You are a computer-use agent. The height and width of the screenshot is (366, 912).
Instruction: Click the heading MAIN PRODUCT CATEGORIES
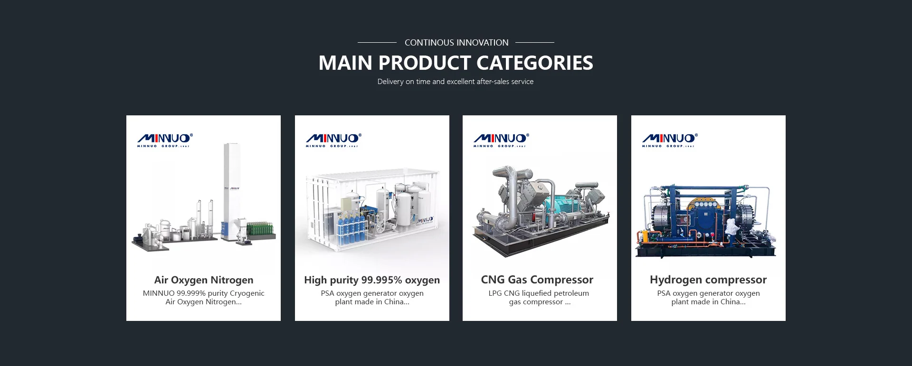[456, 63]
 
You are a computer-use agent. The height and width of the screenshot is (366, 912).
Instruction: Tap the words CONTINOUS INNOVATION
[456, 43]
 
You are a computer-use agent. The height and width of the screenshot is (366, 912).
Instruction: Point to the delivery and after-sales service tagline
[455, 82]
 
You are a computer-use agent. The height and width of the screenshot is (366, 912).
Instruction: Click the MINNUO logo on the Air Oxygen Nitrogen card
[165, 140]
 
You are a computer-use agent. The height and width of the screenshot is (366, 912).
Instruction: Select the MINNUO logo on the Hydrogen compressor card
[670, 140]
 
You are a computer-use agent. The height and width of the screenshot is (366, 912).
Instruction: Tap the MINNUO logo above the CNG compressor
[501, 140]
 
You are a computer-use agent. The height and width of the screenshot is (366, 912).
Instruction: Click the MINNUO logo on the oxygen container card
[333, 140]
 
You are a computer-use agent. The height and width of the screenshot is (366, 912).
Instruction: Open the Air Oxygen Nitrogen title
[203, 280]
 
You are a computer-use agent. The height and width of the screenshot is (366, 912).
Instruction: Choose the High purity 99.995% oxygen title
[372, 280]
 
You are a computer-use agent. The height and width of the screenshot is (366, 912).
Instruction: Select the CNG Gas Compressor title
[537, 280]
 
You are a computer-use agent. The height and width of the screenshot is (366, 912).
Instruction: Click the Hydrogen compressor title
[708, 280]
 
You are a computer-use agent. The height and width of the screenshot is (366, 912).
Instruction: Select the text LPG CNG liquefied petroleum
[539, 293]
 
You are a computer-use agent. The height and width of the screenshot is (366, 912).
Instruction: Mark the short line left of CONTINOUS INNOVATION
[377, 43]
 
